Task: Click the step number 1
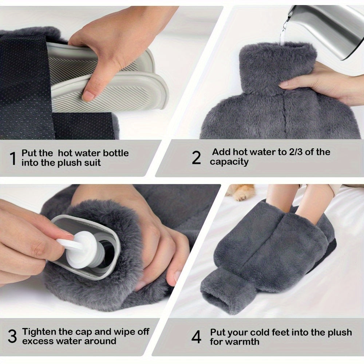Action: pos(13,158)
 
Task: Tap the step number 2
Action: pos(196,158)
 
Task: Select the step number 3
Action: pos(12,337)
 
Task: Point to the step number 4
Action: pos(196,337)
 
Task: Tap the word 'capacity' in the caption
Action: pos(229,162)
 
